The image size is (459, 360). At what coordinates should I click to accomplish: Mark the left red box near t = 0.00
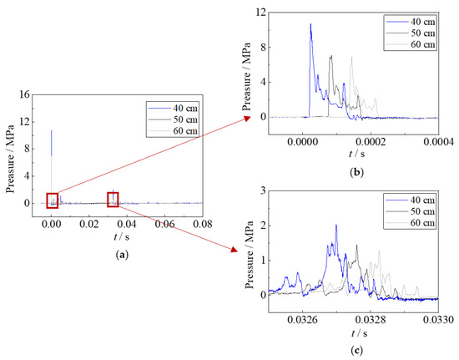pyautogui.click(x=52, y=200)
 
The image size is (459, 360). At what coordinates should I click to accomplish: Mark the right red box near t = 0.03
pyautogui.click(x=112, y=199)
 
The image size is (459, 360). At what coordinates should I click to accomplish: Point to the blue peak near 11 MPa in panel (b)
pyautogui.click(x=310, y=24)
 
